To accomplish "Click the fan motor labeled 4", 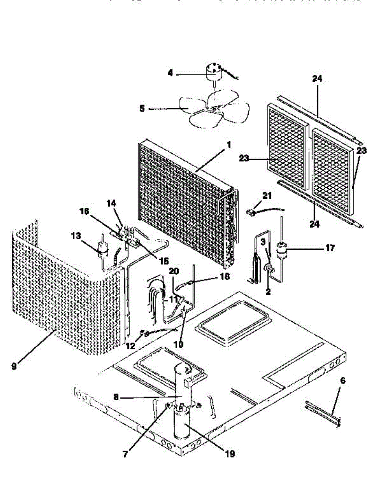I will coord(213,72).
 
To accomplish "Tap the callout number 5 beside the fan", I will coord(142,109).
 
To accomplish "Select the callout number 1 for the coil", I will coord(229,144).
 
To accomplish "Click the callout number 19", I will coord(230,454).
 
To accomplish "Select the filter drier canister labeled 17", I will coord(281,249).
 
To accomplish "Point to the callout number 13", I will coord(76,236).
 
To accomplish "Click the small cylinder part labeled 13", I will coord(102,247).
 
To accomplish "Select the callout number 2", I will coord(268,291).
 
